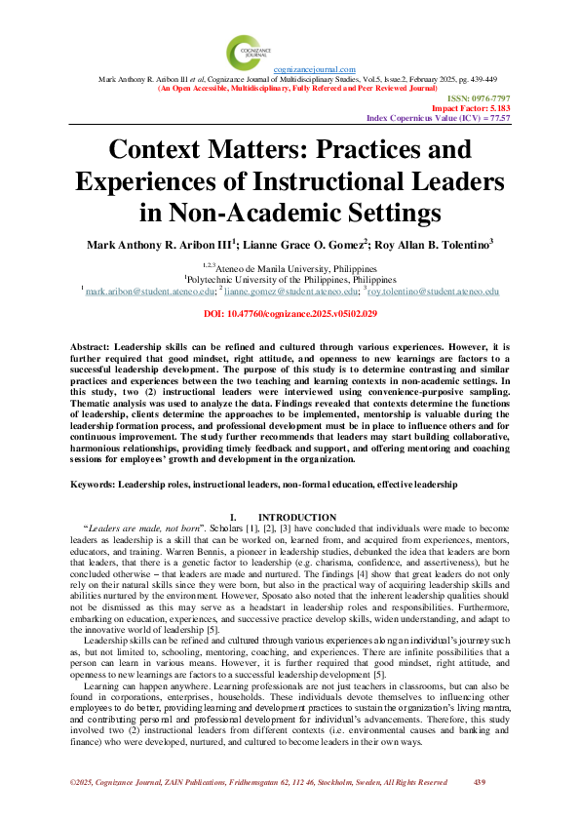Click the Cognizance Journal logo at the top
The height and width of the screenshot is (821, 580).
[244, 52]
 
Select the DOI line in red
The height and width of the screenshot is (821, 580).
[290, 314]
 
